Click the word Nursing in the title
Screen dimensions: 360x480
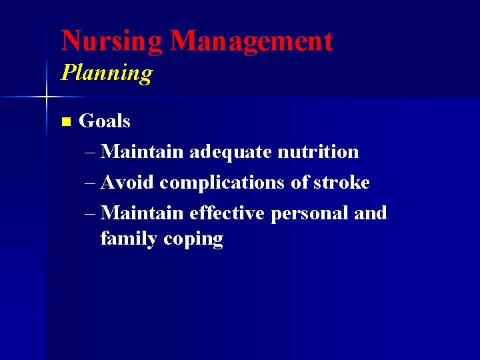pyautogui.click(x=111, y=41)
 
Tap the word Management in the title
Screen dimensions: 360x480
pyautogui.click(x=251, y=41)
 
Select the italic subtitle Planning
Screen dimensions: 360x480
pyautogui.click(x=107, y=73)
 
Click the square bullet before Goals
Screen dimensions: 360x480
pyautogui.click(x=65, y=122)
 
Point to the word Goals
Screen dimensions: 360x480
pyautogui.click(x=105, y=121)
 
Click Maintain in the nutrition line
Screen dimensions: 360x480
pyautogui.click(x=143, y=152)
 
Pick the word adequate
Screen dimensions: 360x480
pyautogui.click(x=231, y=153)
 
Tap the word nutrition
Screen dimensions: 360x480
pyautogui.click(x=318, y=152)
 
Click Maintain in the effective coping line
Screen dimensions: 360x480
pyautogui.click(x=143, y=213)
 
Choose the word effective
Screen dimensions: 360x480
pyautogui.click(x=227, y=213)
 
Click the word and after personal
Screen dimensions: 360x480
pyautogui.click(x=371, y=213)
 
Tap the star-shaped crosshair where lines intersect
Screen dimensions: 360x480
pyautogui.click(x=47, y=97)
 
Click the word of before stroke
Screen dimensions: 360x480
pyautogui.click(x=301, y=183)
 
